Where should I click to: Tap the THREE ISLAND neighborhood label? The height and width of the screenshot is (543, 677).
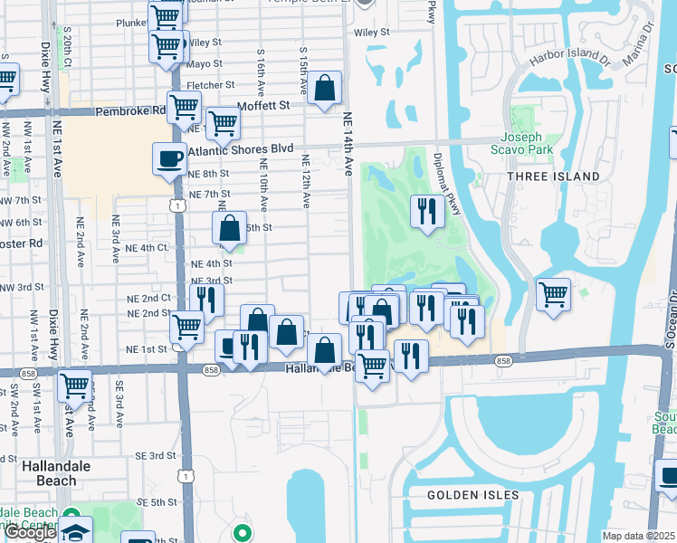(553, 176)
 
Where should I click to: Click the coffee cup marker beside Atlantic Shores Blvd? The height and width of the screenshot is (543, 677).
(169, 159)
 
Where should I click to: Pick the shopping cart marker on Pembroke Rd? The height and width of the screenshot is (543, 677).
(185, 107)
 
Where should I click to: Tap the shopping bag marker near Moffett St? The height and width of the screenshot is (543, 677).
(325, 89)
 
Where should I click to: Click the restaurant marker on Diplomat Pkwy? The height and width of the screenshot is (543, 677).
(427, 212)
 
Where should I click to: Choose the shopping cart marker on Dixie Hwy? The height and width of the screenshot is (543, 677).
(75, 386)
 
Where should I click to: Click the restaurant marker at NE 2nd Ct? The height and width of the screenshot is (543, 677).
(209, 299)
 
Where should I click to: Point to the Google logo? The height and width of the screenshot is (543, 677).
(30, 532)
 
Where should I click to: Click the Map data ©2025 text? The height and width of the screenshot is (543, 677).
(638, 536)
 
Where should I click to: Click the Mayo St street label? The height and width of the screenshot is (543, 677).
(205, 64)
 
